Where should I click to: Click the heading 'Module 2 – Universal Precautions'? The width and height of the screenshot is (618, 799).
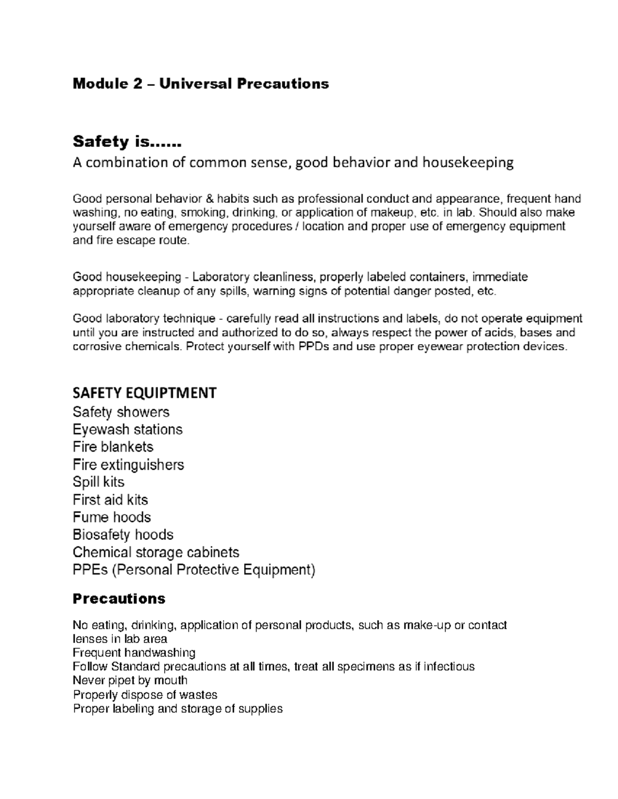click(200, 83)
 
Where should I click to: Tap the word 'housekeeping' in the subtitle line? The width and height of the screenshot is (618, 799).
click(468, 163)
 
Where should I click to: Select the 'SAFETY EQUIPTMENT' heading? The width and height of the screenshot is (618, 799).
click(144, 393)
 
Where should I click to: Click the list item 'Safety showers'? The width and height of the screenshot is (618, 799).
click(121, 412)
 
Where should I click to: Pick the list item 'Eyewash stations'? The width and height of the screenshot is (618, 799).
click(127, 430)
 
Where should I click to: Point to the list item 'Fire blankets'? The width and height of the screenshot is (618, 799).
click(113, 447)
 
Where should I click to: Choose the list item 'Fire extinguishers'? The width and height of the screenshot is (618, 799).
click(128, 465)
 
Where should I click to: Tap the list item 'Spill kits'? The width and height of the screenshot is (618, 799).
click(98, 482)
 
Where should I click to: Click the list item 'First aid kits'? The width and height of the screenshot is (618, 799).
click(110, 500)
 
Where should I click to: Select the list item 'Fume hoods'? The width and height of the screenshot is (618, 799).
click(112, 517)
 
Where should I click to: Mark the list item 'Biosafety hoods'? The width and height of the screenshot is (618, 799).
click(123, 535)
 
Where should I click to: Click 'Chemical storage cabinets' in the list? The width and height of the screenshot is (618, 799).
click(156, 553)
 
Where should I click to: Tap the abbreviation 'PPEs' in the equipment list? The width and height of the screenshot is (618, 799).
click(89, 570)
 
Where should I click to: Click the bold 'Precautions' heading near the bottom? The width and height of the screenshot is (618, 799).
click(119, 598)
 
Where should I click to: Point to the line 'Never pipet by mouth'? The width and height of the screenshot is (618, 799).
click(130, 681)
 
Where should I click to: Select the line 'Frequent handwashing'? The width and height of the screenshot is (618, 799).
click(134, 653)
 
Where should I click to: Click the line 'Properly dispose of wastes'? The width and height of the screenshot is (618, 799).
click(145, 695)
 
